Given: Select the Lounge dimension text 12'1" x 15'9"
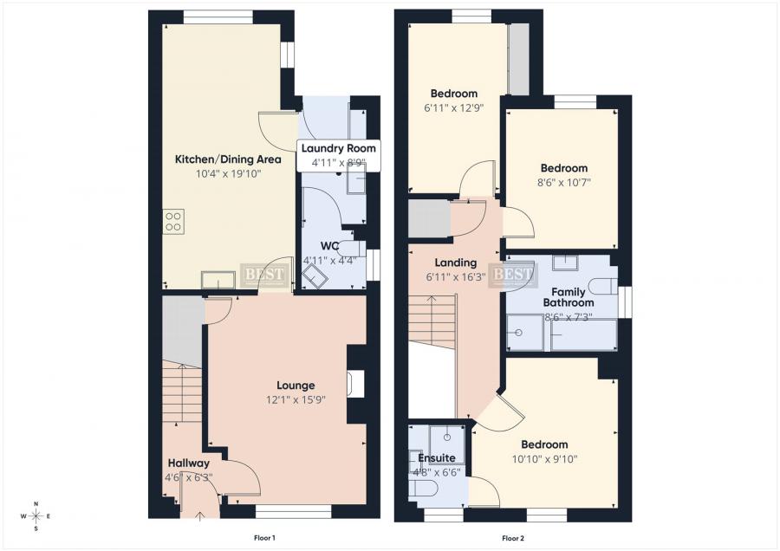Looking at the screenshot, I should tap(296, 400).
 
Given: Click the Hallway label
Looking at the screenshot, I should tap(189, 463).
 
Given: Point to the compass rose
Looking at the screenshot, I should tap(36, 516).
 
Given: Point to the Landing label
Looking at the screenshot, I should tap(455, 263).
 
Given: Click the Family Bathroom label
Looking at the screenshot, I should tap(569, 296).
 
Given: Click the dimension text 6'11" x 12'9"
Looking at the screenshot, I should tap(453, 108).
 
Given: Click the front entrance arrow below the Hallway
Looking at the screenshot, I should tap(201, 517).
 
